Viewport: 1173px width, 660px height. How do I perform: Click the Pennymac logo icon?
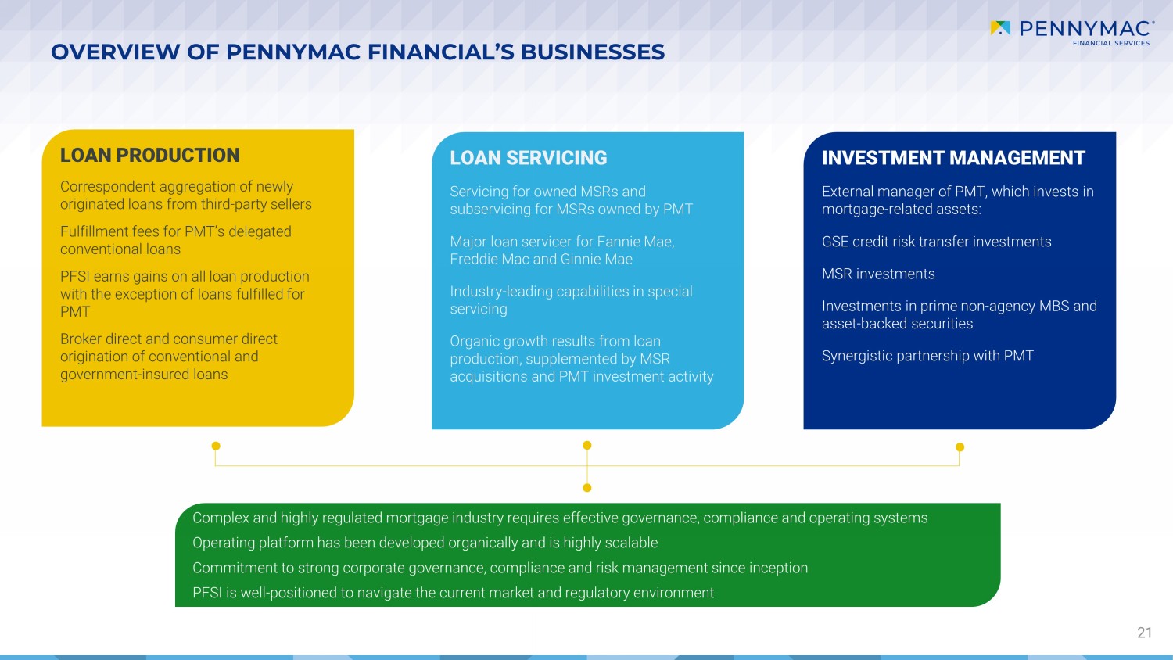point(1000,28)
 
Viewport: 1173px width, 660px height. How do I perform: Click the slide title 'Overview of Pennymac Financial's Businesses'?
point(357,52)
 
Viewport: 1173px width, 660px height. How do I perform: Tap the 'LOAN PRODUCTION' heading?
point(150,155)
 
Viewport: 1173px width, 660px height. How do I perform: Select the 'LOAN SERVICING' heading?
point(529,158)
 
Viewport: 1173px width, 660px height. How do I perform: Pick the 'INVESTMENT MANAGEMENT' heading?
point(953,158)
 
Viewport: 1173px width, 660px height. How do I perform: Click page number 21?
point(1145,633)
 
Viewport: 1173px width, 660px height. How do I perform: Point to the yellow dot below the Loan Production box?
point(216,446)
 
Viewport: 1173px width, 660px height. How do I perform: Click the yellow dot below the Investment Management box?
point(960,447)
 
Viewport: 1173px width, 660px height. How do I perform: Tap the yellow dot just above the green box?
point(587,488)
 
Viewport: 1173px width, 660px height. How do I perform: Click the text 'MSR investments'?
point(878,274)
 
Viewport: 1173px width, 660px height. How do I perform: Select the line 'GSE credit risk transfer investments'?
point(936,242)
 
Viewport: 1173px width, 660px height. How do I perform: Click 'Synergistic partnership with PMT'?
point(927,356)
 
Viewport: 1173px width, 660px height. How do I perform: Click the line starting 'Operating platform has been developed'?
point(425,543)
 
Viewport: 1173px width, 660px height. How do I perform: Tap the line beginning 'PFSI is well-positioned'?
point(453,593)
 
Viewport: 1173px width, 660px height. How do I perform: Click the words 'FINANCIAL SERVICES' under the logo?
point(1111,43)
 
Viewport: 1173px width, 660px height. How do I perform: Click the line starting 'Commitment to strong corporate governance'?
point(500,568)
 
